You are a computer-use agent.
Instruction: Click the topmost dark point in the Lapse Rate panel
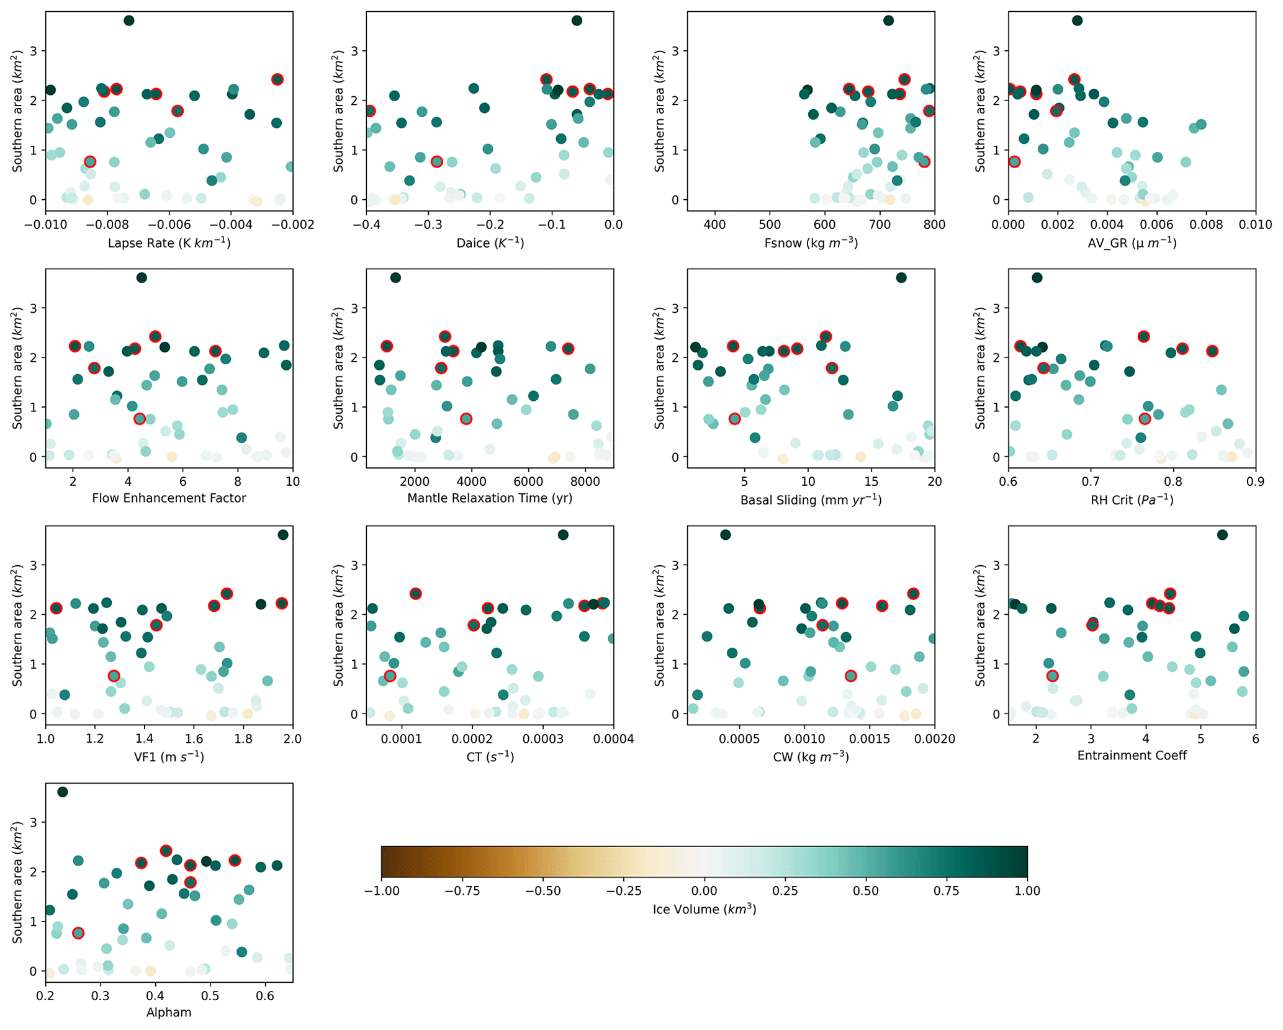point(129,20)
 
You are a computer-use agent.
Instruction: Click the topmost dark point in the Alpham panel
point(63,792)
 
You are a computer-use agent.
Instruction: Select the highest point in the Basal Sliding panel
point(901,277)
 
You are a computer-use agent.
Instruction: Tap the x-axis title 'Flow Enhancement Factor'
point(169,498)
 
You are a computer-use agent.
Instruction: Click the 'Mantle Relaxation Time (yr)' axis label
point(490,498)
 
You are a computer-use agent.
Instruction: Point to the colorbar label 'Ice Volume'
point(704,910)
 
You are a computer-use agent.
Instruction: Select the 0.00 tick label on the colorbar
point(705,892)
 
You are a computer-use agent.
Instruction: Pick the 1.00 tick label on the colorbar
point(1027,892)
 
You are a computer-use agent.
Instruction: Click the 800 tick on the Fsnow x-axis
point(934,225)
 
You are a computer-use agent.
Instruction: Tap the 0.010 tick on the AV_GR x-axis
point(1255,225)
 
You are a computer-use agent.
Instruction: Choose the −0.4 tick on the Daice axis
point(366,225)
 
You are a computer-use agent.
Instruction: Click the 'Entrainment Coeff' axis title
point(1132,756)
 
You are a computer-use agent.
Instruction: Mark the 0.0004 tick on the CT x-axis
point(613,739)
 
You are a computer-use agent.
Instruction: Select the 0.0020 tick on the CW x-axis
point(934,739)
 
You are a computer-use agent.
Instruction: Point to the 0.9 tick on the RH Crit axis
point(1255,481)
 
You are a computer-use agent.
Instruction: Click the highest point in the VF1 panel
point(283,535)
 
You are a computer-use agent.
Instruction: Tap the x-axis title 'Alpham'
point(169,1013)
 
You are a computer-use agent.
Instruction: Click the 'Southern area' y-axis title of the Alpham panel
point(17,882)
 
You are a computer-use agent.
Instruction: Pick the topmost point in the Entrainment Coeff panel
point(1222,535)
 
